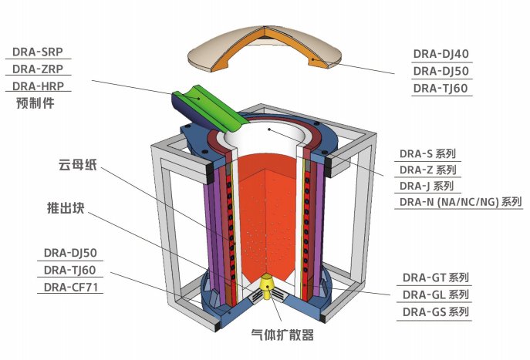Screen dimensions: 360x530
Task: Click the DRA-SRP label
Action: tap(37, 52)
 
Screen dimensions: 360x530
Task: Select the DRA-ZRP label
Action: tap(37, 69)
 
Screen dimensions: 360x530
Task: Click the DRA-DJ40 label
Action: tap(441, 54)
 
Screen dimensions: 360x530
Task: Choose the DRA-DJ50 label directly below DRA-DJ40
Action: tap(441, 71)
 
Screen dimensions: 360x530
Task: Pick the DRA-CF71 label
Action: tap(73, 288)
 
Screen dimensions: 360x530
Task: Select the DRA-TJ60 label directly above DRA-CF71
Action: tap(70, 270)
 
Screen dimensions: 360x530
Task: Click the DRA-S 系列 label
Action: tap(427, 153)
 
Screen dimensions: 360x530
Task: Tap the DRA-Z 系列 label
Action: tap(427, 170)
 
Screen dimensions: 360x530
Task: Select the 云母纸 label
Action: tap(76, 165)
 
